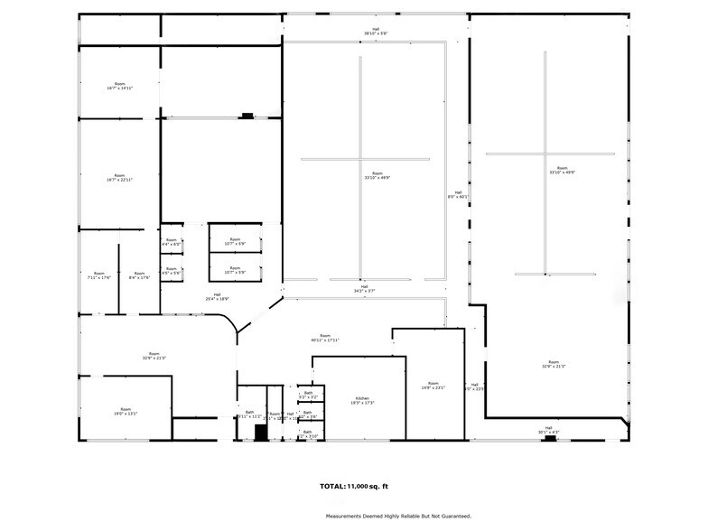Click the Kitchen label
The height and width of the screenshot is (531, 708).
pos(362,400)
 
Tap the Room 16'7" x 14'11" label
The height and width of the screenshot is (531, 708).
pos(119,86)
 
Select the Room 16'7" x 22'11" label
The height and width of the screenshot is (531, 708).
pos(119,178)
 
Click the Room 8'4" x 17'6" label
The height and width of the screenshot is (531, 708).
pos(138,275)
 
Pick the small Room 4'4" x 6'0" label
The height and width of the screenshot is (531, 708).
pos(172,242)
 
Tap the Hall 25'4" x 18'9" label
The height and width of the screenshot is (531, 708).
pos(217,296)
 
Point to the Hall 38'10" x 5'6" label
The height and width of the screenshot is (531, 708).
pos(376,31)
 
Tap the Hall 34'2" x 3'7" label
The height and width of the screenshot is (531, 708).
pos(364,289)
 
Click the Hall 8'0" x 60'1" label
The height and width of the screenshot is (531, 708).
pos(458,194)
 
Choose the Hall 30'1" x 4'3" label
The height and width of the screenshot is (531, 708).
pos(548,431)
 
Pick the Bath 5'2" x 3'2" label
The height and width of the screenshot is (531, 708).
pos(308,395)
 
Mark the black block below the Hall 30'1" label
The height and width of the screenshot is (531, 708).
pos(549,438)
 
